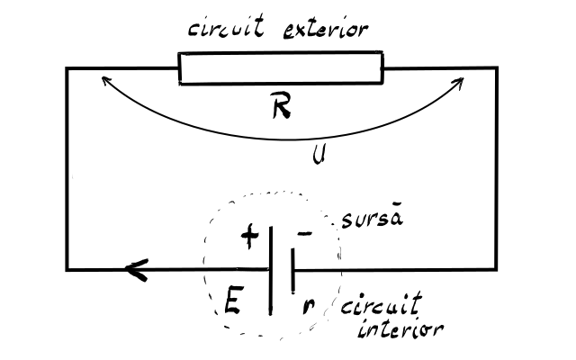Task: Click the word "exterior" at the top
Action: (326, 30)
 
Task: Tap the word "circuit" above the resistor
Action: (226, 26)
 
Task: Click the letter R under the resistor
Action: (282, 105)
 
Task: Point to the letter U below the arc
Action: (319, 154)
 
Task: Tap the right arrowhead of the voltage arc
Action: (460, 81)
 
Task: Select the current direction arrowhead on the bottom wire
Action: (137, 270)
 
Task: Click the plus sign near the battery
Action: (250, 236)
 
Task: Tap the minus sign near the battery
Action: (305, 233)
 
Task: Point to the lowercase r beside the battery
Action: (308, 306)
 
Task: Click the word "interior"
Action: (400, 328)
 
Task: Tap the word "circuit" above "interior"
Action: (382, 304)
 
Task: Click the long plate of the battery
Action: (271, 271)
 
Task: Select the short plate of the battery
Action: (292, 271)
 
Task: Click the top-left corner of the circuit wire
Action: (67, 68)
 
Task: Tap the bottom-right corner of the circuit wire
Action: (497, 270)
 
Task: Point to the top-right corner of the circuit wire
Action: (497, 68)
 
